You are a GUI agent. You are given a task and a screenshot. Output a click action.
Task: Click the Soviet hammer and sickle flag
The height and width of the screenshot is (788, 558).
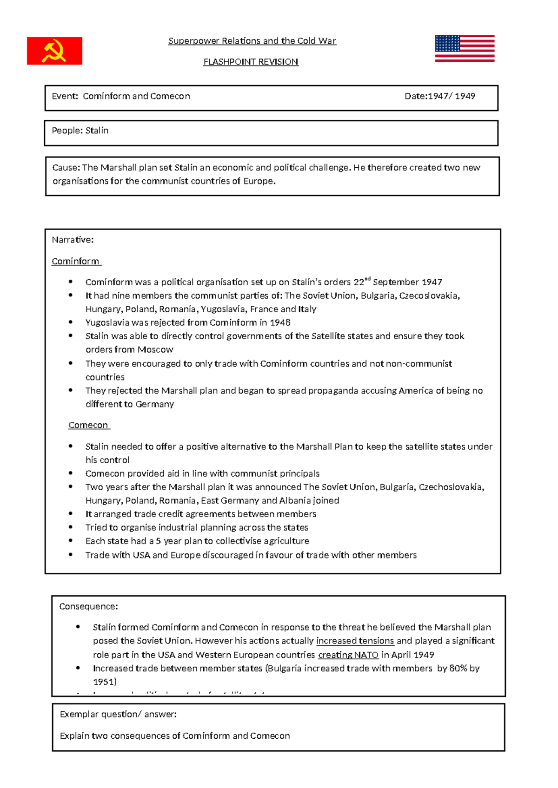tap(54, 51)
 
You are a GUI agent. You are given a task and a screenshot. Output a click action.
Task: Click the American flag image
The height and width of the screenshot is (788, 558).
tap(465, 48)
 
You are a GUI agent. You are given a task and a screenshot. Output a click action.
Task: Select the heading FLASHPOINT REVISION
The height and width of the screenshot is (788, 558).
tap(251, 62)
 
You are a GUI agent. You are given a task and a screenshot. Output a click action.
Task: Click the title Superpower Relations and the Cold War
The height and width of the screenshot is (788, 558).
tap(252, 41)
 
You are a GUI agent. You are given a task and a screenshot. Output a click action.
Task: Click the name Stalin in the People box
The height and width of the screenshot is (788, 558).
tap(97, 131)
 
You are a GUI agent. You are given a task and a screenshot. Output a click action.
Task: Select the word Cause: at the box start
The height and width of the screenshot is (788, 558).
tap(66, 168)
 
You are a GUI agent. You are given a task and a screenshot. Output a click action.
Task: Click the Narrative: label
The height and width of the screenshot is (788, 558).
tap(73, 240)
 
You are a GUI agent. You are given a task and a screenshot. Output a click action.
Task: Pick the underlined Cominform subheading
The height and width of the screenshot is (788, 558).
tap(75, 262)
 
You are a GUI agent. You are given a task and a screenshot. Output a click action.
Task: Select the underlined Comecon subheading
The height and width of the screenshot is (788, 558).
tap(88, 425)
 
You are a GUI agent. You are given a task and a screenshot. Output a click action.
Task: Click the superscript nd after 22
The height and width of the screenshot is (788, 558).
tap(367, 279)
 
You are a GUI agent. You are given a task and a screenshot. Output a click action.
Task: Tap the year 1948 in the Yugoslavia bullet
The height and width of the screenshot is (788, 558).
tap(281, 322)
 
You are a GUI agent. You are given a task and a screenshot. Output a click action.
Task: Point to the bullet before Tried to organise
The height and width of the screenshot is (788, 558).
tap(71, 527)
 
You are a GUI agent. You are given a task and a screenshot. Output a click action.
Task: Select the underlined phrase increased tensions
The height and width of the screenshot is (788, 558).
tap(355, 641)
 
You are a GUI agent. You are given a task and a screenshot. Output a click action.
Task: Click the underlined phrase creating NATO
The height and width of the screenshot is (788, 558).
tap(348, 655)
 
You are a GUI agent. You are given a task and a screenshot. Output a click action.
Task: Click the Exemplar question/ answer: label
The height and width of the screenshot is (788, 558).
tap(118, 714)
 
